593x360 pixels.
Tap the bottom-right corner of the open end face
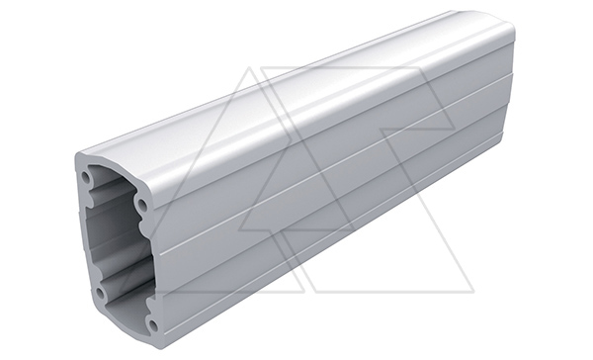click(x=158, y=338)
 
